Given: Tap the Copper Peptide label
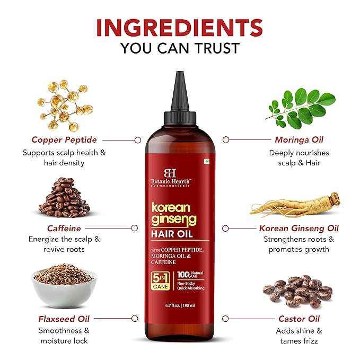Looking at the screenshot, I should click(x=64, y=140).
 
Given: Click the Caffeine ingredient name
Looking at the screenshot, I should click(x=64, y=228).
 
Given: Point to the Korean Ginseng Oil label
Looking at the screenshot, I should click(x=298, y=228).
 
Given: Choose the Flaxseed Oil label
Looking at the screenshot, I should click(x=64, y=319).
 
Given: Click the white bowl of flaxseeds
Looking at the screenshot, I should click(x=64, y=287).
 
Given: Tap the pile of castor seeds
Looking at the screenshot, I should click(x=297, y=291).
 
